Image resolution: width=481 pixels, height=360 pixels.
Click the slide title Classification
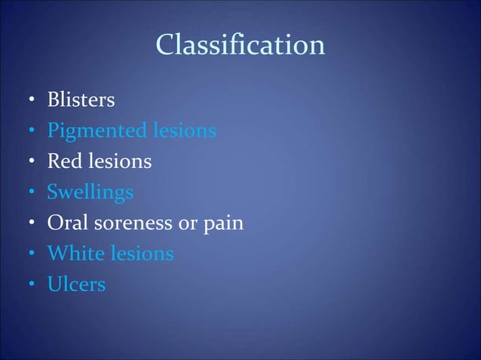pyautogui.click(x=240, y=46)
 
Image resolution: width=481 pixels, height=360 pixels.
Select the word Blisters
pyautogui.click(x=81, y=99)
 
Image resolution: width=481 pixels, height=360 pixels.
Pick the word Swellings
pyautogui.click(x=90, y=193)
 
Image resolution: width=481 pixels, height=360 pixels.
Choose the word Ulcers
pyautogui.click(x=76, y=285)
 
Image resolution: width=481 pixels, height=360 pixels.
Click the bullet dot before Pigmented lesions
pyautogui.click(x=31, y=132)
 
